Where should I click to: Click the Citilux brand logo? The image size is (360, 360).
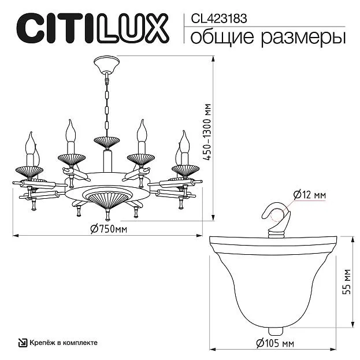pos(93,28)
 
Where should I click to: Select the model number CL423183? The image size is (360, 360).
pos(219,18)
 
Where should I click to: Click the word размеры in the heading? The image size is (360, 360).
pos(303,39)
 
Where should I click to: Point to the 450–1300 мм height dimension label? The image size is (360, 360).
pos(208,132)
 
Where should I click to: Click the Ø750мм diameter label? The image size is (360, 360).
pos(109,229)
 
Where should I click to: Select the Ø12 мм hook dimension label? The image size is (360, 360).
pos(310,195)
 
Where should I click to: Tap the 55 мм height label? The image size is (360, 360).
pos(347,282)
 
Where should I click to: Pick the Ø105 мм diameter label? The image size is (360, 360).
pos(275,343)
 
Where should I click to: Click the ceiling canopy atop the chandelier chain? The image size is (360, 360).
pos(106,65)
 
